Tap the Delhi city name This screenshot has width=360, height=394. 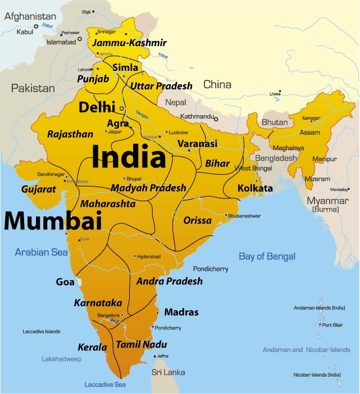[97, 107]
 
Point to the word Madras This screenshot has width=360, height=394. [181, 312]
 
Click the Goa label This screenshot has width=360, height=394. [65, 282]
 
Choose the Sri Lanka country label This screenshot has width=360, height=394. [168, 372]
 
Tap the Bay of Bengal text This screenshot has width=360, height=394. [267, 256]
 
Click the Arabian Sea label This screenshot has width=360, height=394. [42, 252]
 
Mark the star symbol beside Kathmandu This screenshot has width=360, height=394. [215, 119]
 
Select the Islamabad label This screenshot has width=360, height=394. [61, 42]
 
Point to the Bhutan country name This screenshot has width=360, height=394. [275, 122]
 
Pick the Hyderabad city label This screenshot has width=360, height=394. [149, 256]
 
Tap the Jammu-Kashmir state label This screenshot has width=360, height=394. [130, 43]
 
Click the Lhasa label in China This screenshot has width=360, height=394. [275, 93]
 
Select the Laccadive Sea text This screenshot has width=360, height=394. [105, 384]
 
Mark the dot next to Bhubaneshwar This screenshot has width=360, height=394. [226, 215]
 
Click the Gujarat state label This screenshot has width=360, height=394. [39, 189]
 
